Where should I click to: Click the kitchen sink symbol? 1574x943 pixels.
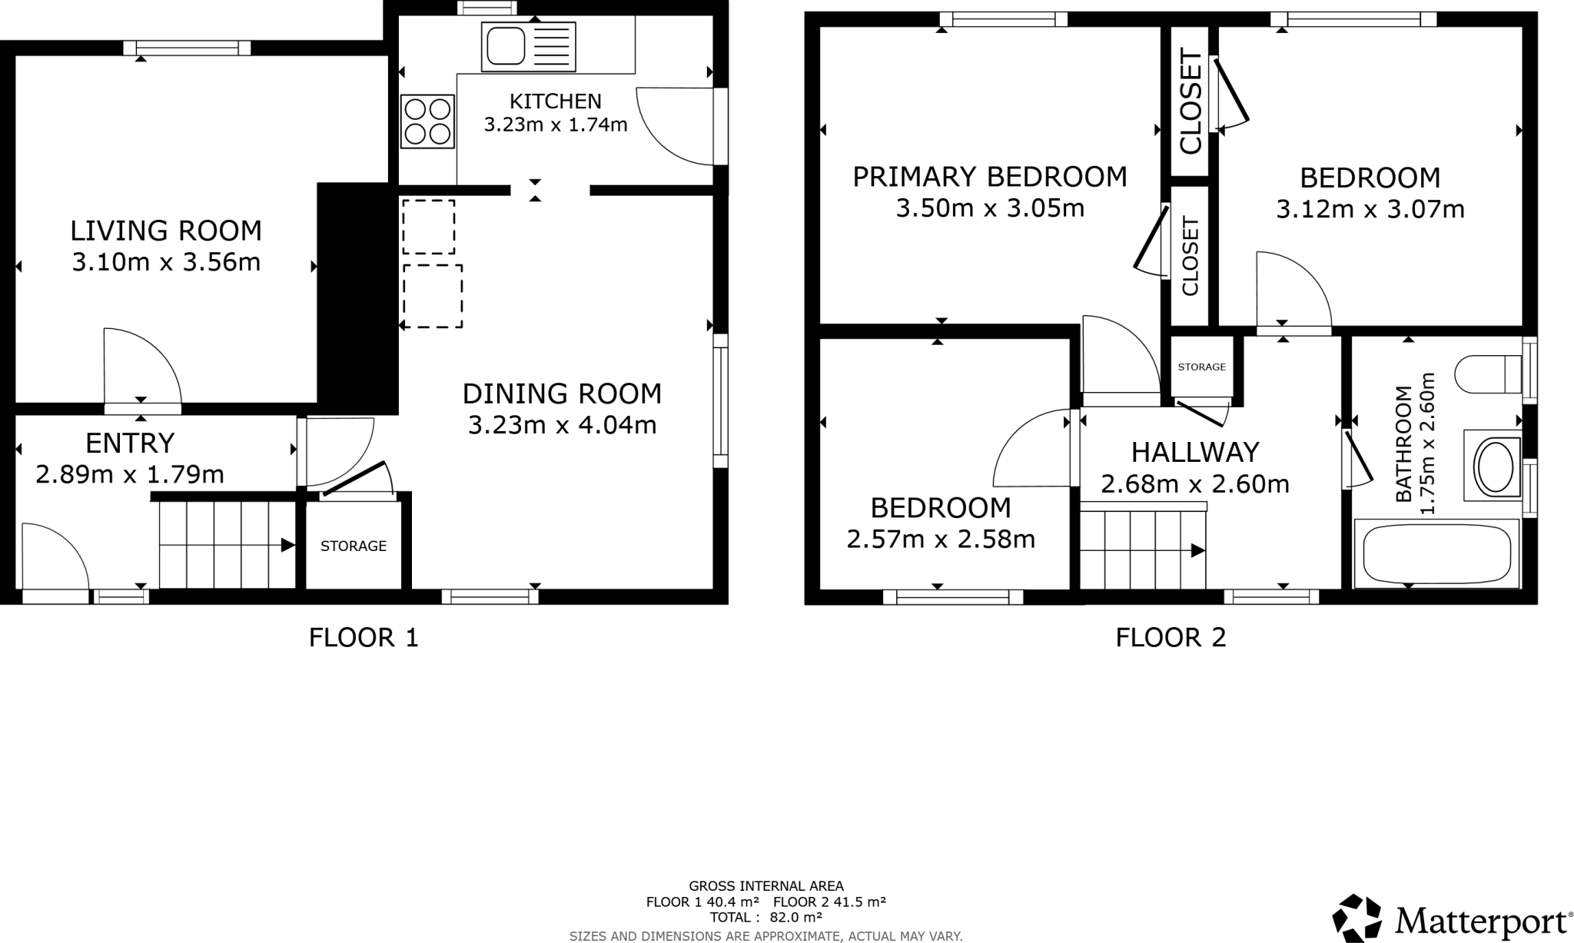[528, 47]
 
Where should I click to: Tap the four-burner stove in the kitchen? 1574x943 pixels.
[427, 121]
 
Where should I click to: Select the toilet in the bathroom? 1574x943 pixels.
[1488, 374]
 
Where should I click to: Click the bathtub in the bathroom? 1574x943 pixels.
[1436, 553]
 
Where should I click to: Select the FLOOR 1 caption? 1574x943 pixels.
[364, 637]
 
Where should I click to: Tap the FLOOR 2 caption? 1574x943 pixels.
[1170, 637]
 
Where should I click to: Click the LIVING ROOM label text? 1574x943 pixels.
[166, 231]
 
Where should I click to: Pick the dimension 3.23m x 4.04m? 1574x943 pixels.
[562, 424]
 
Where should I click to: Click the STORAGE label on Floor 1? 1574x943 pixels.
[353, 546]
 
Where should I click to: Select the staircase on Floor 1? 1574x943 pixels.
[227, 544]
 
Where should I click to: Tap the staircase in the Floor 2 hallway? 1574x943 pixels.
[1143, 549]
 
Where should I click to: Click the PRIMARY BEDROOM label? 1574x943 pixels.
[989, 177]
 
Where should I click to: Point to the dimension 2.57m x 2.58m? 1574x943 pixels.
[940, 540]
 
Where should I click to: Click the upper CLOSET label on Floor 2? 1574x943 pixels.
[1190, 101]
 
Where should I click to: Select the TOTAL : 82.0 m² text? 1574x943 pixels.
[765, 917]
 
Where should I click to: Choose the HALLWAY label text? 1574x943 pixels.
[1194, 452]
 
